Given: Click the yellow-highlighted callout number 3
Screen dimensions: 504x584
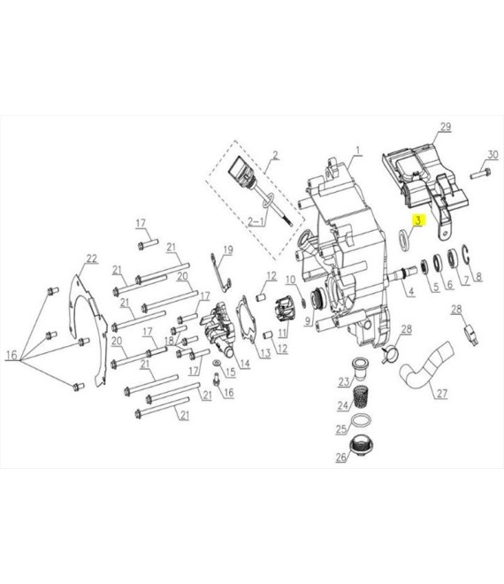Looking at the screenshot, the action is pos(418,220).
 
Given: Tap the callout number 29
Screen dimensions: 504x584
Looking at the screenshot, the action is pos(445,127).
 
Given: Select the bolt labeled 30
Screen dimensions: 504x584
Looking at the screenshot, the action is pos(480,173).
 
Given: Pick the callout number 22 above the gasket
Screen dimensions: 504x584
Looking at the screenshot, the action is pos(92,258).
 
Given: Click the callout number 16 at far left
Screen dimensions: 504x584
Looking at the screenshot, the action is pos(11,355).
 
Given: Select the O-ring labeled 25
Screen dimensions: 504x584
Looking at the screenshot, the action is pos(362,421).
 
